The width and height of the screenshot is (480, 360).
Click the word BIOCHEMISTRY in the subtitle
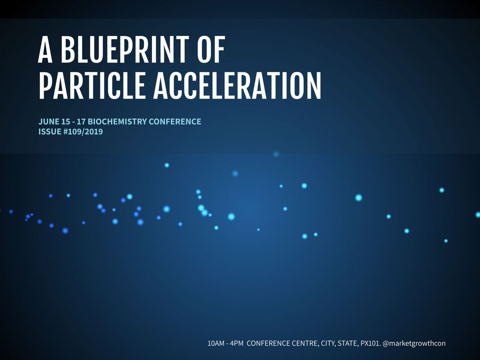point(117,121)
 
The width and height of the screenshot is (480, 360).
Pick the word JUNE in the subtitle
point(48,121)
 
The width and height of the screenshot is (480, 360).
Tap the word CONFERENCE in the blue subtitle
point(175,121)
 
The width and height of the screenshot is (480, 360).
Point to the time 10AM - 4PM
point(225,343)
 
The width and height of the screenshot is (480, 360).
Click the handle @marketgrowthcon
point(414,343)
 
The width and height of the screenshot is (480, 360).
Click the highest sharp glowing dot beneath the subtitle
point(167,165)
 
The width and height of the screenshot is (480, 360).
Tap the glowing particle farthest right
point(478,214)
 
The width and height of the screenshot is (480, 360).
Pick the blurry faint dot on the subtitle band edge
point(276,154)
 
